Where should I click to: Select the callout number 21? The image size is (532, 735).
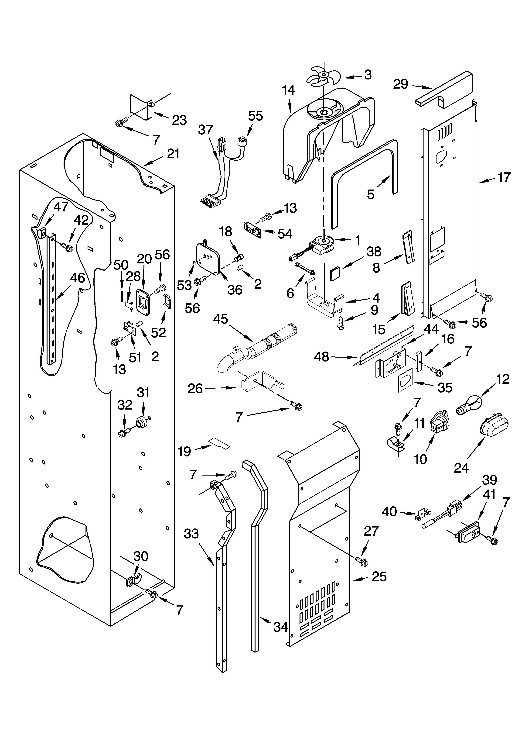pos(173,154)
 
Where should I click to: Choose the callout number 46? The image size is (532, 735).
pos(78,278)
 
